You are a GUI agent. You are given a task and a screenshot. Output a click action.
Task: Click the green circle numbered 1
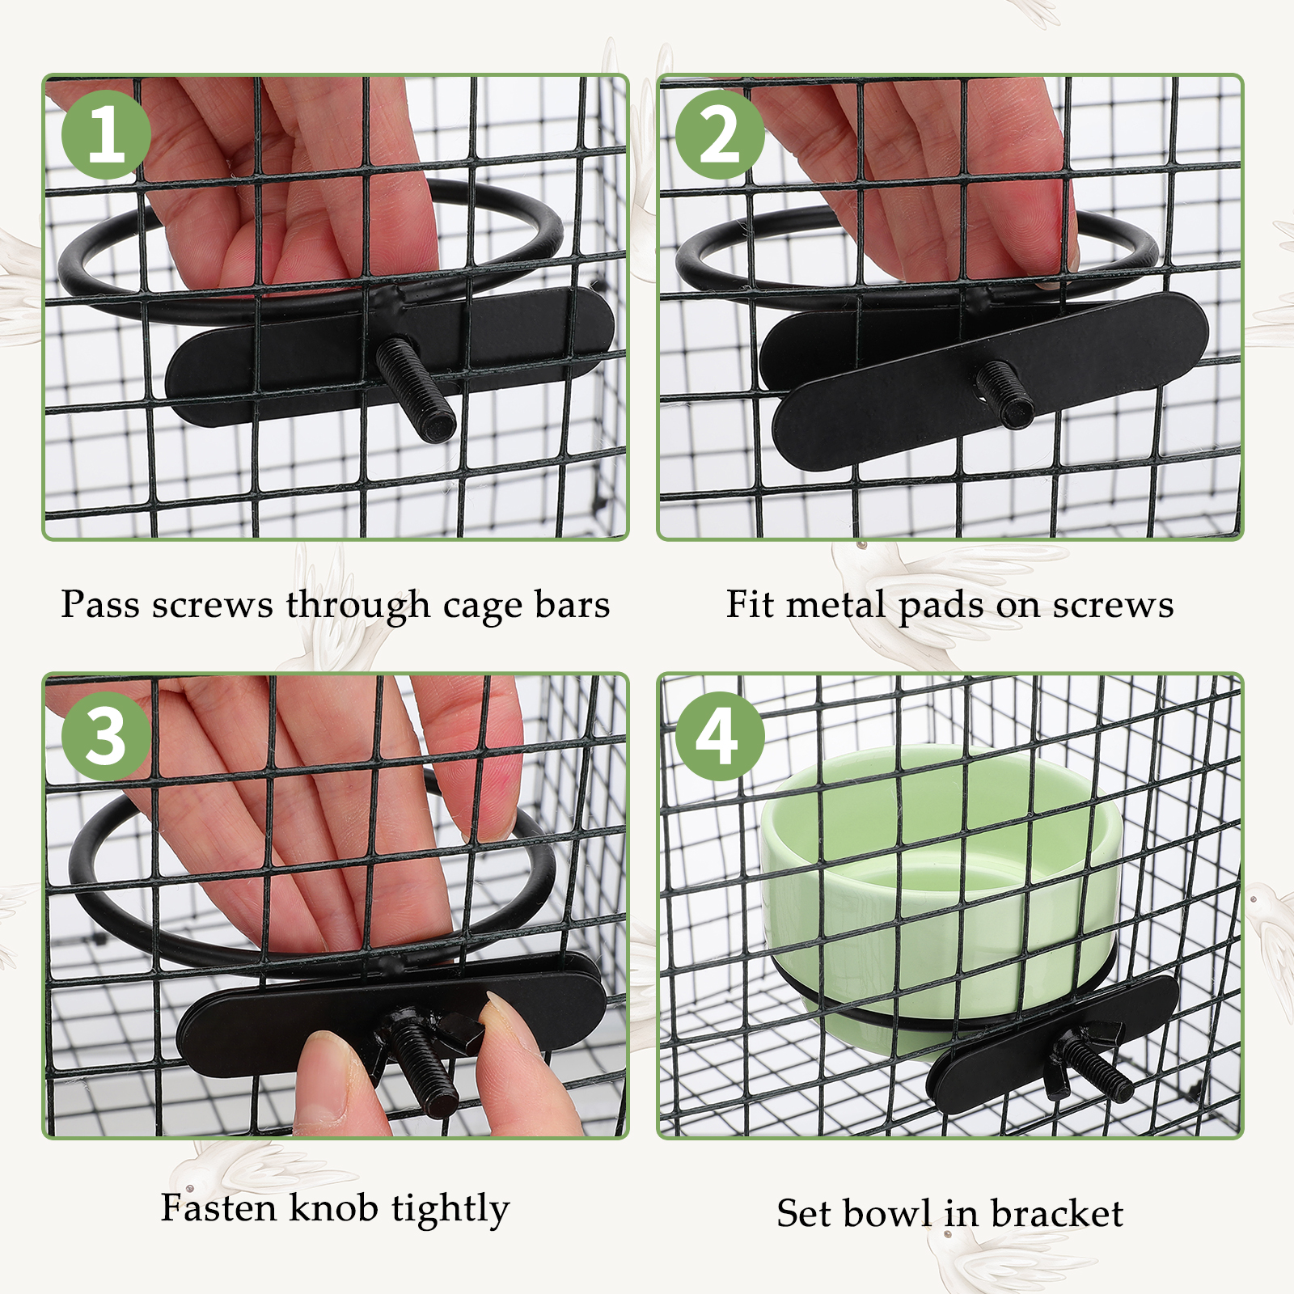tap(106, 134)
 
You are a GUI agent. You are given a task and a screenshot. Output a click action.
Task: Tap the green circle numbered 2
tap(720, 134)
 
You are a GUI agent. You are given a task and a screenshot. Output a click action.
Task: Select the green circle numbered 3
tap(106, 736)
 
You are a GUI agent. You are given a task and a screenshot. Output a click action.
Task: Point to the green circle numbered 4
tap(720, 736)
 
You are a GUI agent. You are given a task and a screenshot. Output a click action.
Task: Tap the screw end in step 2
tap(1015, 409)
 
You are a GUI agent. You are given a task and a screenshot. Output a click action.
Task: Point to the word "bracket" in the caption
tap(1057, 1213)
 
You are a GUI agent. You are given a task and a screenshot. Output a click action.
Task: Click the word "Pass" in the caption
tap(100, 604)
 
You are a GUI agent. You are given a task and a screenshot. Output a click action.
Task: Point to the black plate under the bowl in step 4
tap(1051, 1043)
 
